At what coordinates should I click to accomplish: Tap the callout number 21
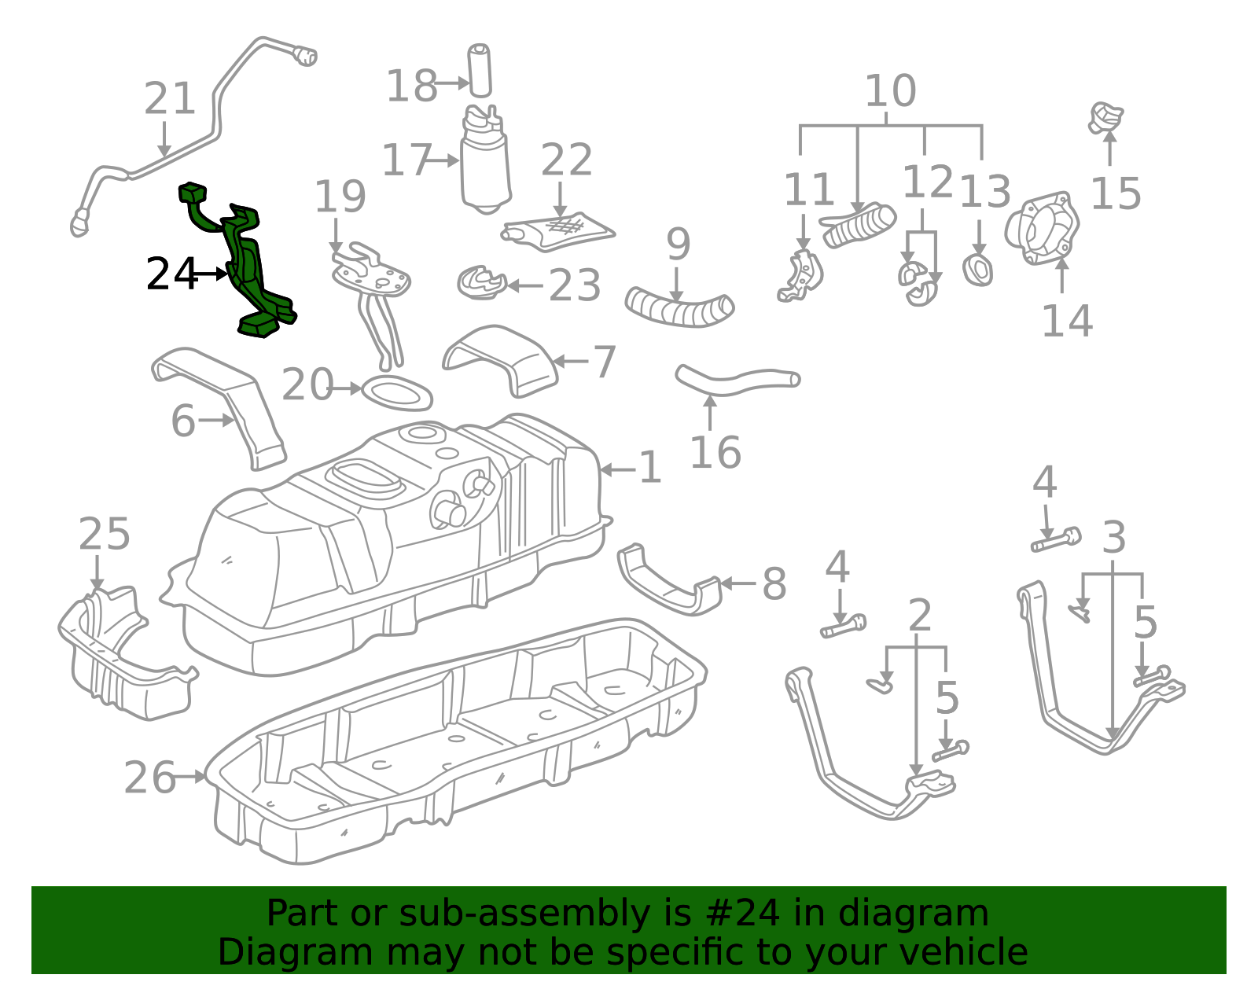tap(169, 100)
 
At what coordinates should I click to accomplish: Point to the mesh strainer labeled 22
tap(560, 230)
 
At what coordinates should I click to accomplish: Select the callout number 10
tap(889, 91)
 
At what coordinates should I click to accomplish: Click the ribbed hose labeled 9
tap(679, 307)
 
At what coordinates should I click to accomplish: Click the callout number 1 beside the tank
tap(649, 469)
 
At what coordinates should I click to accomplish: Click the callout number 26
tap(149, 778)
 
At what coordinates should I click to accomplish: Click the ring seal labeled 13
tap(977, 270)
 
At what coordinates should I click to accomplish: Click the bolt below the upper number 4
tap(1056, 541)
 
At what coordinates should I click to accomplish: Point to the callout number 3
tap(1114, 539)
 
